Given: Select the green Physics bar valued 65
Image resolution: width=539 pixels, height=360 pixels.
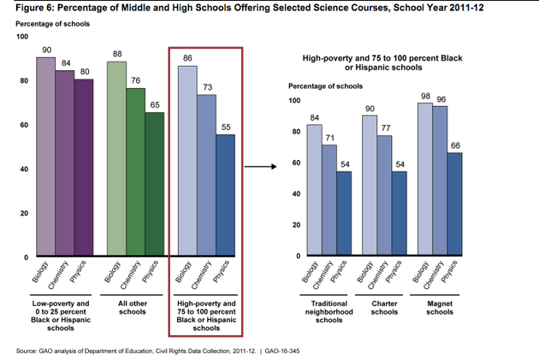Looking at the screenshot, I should pyautogui.click(x=154, y=184).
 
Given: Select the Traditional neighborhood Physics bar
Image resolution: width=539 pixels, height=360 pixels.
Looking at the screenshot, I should pyautogui.click(x=343, y=213).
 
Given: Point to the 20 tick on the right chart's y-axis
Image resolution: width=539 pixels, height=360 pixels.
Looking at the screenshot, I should pyautogui.click(x=296, y=225).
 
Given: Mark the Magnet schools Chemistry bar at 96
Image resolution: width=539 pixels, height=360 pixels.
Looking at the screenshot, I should pyautogui.click(x=441, y=180).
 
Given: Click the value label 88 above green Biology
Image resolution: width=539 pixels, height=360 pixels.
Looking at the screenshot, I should pyautogui.click(x=116, y=54).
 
